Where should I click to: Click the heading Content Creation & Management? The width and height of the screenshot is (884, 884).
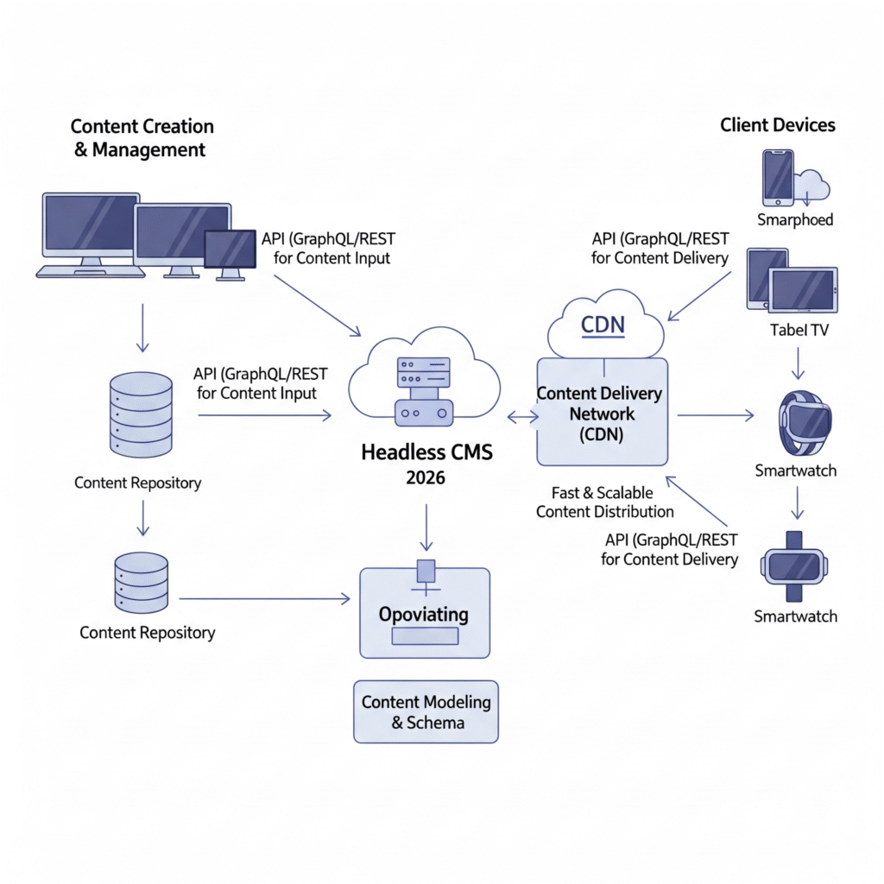142,138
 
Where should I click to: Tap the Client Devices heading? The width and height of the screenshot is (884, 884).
778,125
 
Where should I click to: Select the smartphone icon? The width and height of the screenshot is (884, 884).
778,177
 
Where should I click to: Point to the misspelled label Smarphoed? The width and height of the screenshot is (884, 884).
795,220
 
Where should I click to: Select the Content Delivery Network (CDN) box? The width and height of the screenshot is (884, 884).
602,413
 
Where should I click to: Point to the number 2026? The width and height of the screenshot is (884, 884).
425,477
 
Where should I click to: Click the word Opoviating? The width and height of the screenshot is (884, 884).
424,615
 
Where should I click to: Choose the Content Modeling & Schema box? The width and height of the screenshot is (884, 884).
426,712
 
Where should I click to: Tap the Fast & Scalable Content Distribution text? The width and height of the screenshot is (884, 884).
604,502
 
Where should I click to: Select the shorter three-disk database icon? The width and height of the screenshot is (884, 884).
141,582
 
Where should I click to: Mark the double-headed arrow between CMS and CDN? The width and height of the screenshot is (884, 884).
521,418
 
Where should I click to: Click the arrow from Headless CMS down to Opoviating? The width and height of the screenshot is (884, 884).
425,528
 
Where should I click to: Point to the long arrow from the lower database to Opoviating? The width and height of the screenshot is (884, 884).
263,598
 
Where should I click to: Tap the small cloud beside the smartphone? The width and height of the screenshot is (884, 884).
811,184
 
